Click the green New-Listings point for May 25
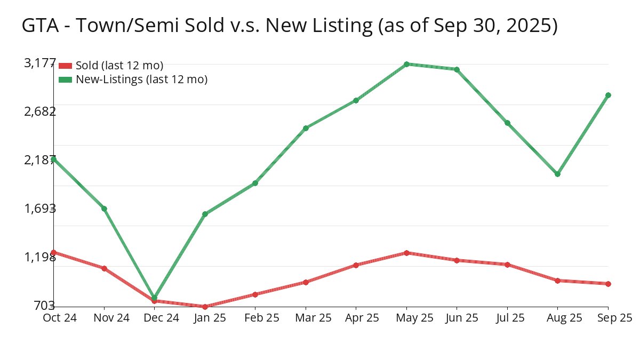(406, 64)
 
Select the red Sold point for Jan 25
(205, 307)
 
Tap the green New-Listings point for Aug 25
(558, 174)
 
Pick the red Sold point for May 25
(406, 253)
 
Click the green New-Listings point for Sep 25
(608, 95)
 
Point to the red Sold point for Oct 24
(54, 252)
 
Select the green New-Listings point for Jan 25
(205, 214)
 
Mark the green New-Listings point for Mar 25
(306, 128)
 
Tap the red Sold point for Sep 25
(608, 284)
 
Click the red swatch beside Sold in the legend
(65, 66)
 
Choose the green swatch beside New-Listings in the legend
(65, 79)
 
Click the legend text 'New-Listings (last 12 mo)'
(141, 79)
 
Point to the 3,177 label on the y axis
(40, 63)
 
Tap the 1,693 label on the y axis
(40, 208)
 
